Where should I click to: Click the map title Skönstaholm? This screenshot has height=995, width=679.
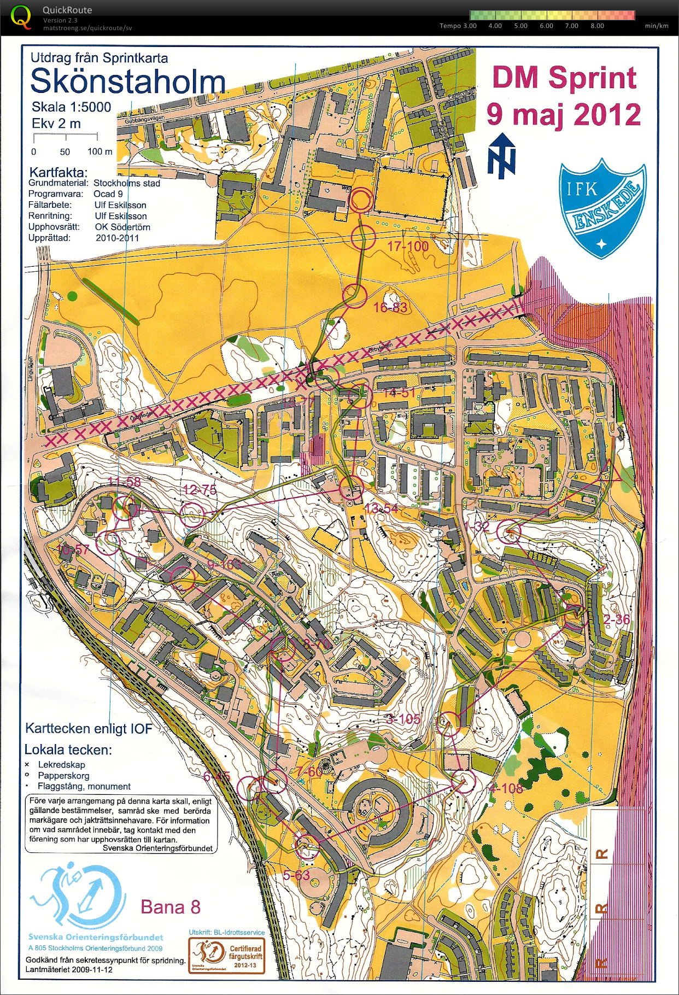[x=128, y=82]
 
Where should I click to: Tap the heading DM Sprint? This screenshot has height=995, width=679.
[x=564, y=78]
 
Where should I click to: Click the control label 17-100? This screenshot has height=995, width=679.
[x=408, y=246]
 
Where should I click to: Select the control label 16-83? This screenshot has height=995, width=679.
[x=390, y=307]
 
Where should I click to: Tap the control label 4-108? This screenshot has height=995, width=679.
[x=506, y=788]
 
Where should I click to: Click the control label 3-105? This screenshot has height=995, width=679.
[x=403, y=719]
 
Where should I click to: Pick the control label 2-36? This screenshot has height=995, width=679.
[x=617, y=619]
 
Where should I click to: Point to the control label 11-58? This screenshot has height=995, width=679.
[x=124, y=482]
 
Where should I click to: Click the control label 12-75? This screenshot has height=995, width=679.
[x=200, y=489]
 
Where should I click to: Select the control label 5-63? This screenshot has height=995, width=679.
[x=296, y=875]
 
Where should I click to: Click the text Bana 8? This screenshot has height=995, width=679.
[x=171, y=907]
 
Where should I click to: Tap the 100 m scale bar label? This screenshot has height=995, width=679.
[x=99, y=151]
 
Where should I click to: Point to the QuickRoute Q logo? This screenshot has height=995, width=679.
[x=21, y=16]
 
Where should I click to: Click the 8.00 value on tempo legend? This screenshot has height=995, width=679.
[x=597, y=26]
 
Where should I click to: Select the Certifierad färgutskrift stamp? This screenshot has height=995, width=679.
[x=227, y=956]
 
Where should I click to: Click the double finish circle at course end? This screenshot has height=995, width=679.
[x=361, y=201]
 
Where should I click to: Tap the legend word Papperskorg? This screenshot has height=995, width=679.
[x=63, y=775]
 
